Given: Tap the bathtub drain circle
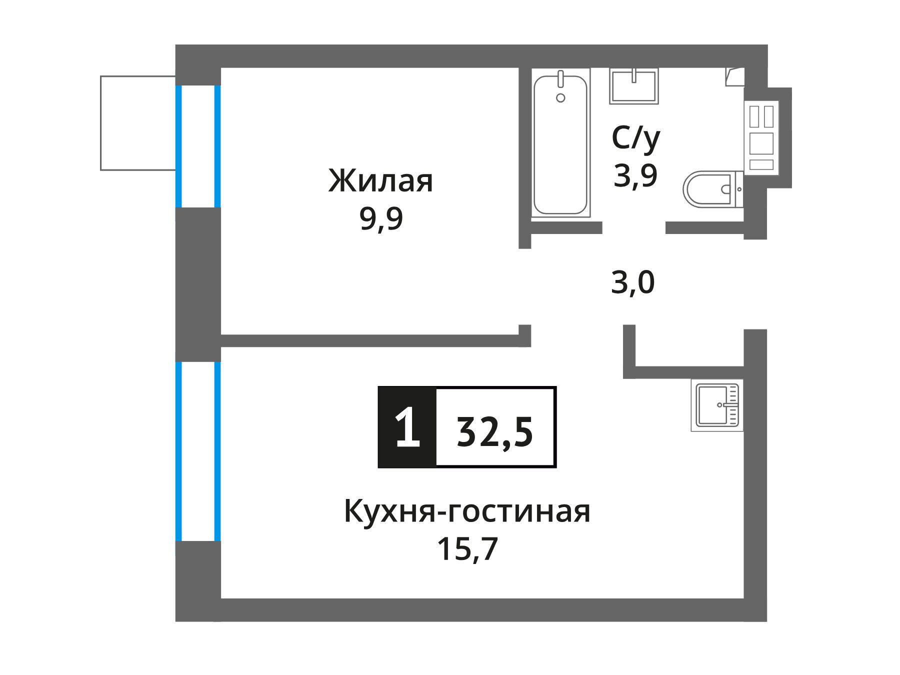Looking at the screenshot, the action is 560,98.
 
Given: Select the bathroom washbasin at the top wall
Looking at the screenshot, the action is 633,86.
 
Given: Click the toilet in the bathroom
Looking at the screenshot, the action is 713,189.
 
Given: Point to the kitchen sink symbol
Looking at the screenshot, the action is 717,405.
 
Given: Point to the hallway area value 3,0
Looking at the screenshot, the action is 633,282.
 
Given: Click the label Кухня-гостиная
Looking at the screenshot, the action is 467,511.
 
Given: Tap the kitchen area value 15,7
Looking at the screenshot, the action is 467,549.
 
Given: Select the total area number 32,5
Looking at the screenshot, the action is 495,432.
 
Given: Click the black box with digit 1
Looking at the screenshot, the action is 407,427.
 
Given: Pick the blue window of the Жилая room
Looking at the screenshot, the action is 198,146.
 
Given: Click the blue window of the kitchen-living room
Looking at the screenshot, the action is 198,451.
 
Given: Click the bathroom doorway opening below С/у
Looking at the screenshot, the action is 633,228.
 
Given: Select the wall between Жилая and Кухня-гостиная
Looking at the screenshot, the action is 375,340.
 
